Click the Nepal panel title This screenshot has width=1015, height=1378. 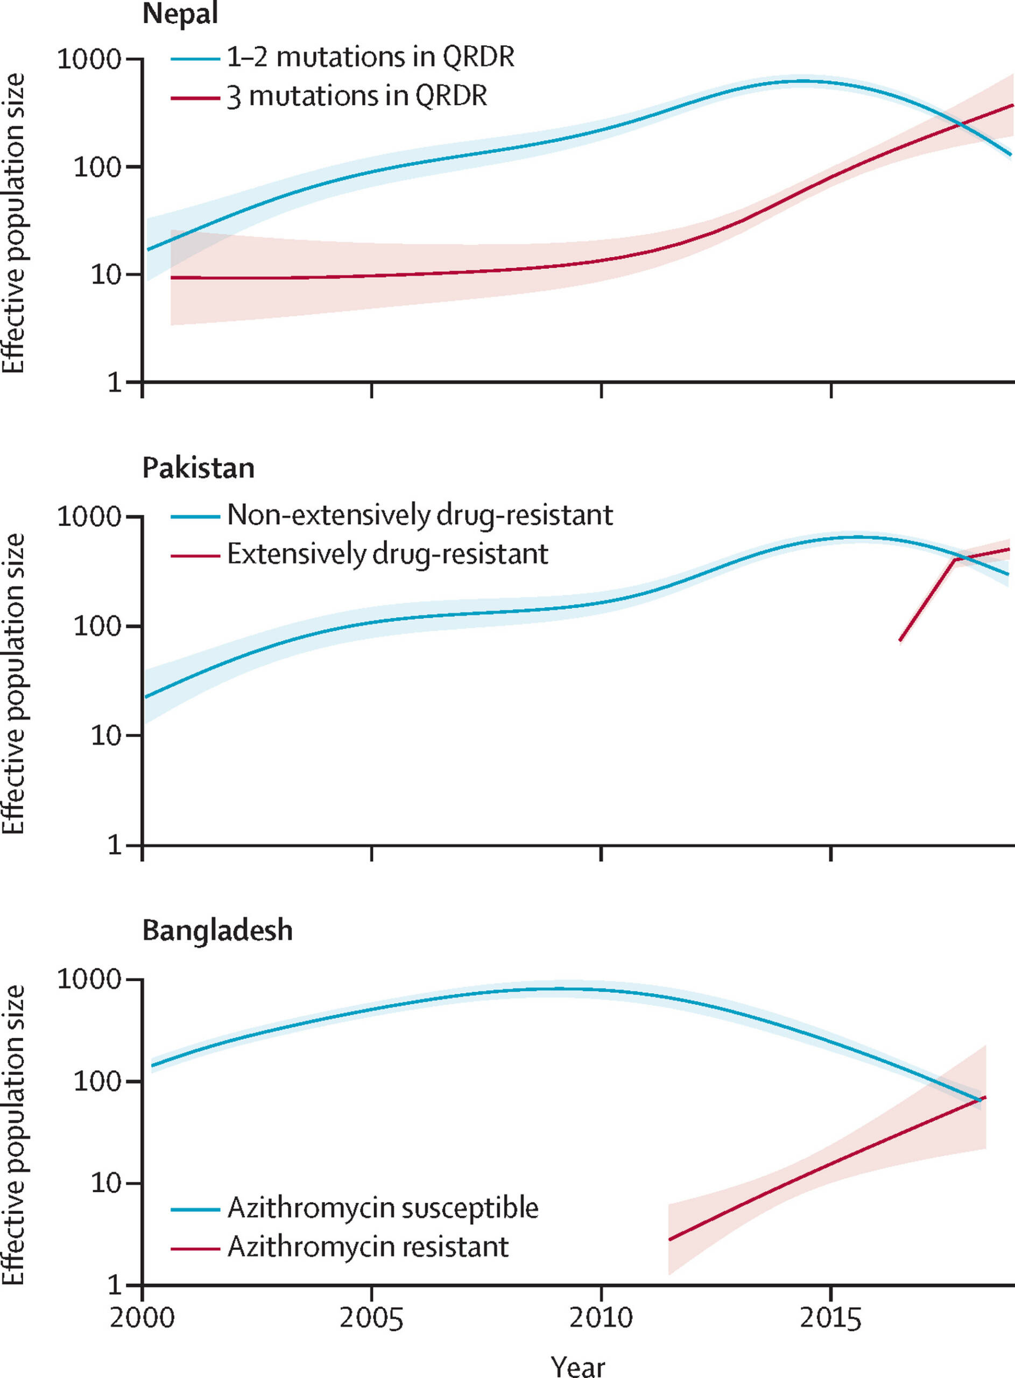pyautogui.click(x=180, y=13)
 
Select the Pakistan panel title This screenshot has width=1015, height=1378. pyautogui.click(x=199, y=468)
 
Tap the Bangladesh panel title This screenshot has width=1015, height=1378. pyautogui.click(x=217, y=930)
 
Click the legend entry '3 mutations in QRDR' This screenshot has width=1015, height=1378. pyautogui.click(x=357, y=96)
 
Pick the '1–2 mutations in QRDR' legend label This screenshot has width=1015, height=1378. pyautogui.click(x=370, y=57)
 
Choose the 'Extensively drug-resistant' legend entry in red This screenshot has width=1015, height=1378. pyautogui.click(x=387, y=554)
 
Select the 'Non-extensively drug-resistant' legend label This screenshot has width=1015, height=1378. pyautogui.click(x=420, y=515)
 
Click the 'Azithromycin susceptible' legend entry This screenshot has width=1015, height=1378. pyautogui.click(x=383, y=1208)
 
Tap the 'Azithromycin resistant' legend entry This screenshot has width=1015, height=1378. pyautogui.click(x=368, y=1247)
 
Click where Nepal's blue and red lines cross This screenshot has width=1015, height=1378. pyautogui.click(x=960, y=126)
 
